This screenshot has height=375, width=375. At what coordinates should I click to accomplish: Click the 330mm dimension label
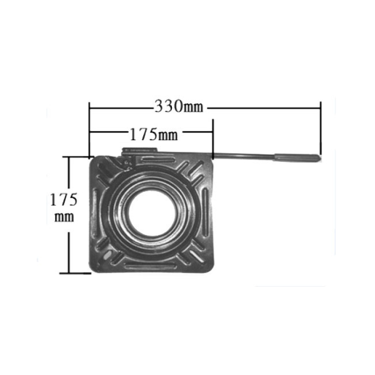click(x=179, y=106)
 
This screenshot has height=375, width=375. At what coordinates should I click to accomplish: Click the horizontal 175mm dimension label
click(x=154, y=134)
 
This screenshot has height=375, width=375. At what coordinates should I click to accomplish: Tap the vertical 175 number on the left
click(x=64, y=199)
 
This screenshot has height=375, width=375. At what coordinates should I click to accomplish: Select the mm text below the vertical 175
click(x=64, y=217)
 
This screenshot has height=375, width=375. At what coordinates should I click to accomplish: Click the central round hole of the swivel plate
click(x=151, y=212)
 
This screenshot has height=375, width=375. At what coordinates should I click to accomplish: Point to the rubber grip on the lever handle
click(x=297, y=157)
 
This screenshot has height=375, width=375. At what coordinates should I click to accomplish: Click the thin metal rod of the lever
click(x=244, y=156)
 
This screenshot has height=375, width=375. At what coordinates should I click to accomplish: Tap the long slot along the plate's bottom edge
click(x=151, y=266)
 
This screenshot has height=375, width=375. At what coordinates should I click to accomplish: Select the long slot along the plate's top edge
click(x=158, y=159)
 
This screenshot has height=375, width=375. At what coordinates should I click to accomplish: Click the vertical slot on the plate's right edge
click(x=206, y=212)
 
